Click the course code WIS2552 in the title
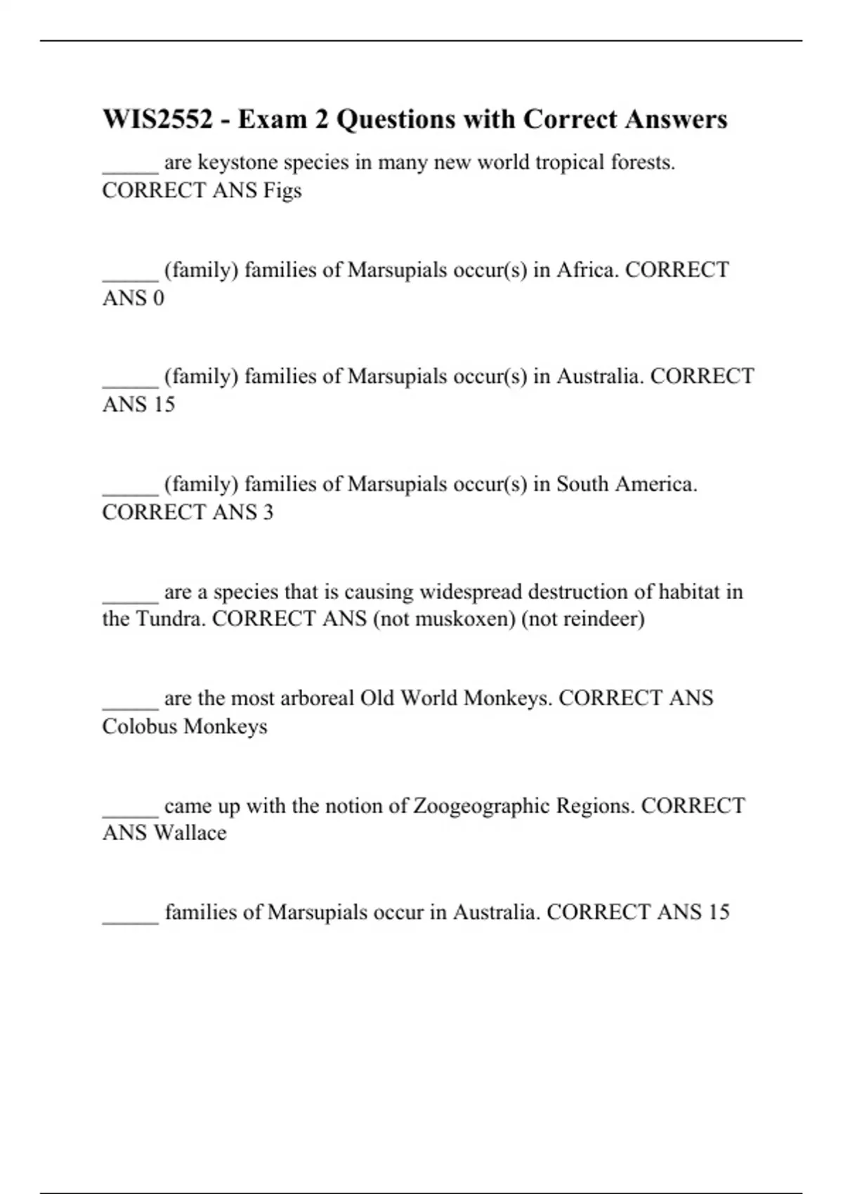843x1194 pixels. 157,119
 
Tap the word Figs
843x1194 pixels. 282,190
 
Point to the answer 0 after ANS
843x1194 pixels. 158,298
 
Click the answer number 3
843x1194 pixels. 268,512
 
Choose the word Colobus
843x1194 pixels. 140,726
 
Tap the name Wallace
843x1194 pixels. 190,833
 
